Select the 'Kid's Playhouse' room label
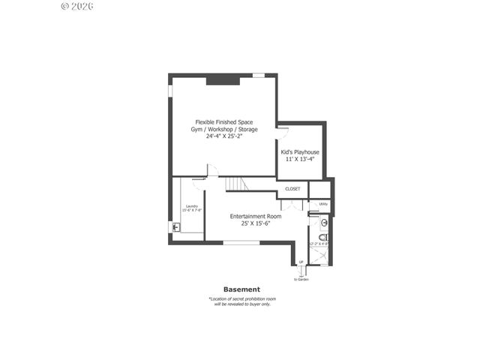click(x=300, y=151)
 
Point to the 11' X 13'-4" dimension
click(x=300, y=159)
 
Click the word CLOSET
click(x=292, y=189)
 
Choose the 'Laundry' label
click(x=192, y=205)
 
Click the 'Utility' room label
click(x=323, y=203)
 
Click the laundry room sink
click(x=175, y=227)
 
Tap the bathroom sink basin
click(x=324, y=223)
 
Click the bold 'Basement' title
click(x=241, y=289)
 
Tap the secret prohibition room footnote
click(x=241, y=301)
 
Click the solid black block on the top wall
click(x=223, y=77)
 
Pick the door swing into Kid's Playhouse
click(x=282, y=133)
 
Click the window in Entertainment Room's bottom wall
click(x=241, y=242)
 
